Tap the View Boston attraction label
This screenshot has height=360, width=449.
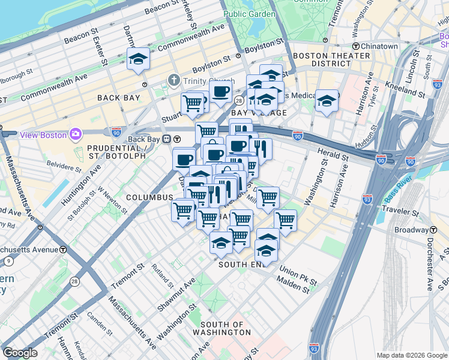click(43, 134)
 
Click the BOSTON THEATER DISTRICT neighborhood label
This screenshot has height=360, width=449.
click(331, 59)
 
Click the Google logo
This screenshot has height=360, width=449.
click(20, 353)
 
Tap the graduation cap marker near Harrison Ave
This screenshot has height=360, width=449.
click(327, 100)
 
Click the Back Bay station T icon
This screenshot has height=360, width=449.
click(178, 139)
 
